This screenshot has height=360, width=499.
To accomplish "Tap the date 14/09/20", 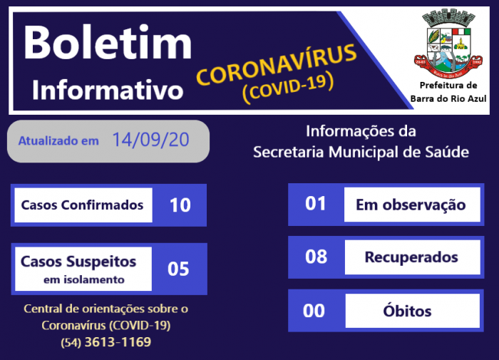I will click(x=150, y=140).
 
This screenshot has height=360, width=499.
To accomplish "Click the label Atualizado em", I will click(x=58, y=140).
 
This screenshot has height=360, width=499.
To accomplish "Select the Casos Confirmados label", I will click(x=82, y=205).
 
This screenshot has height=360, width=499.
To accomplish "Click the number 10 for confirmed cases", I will click(x=180, y=205).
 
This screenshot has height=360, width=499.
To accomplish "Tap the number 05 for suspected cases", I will click(x=178, y=269).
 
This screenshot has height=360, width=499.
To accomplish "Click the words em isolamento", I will click(x=83, y=279).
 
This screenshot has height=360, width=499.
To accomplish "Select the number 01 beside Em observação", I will click(x=315, y=204).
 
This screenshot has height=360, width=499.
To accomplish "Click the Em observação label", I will click(x=411, y=205).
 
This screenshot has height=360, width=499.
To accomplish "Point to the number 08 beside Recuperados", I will click(x=315, y=257).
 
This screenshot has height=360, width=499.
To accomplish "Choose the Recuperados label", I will click(x=411, y=257).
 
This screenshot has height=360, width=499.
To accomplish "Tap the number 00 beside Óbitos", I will click(x=314, y=311).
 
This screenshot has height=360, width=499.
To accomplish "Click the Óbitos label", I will click(x=411, y=311).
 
